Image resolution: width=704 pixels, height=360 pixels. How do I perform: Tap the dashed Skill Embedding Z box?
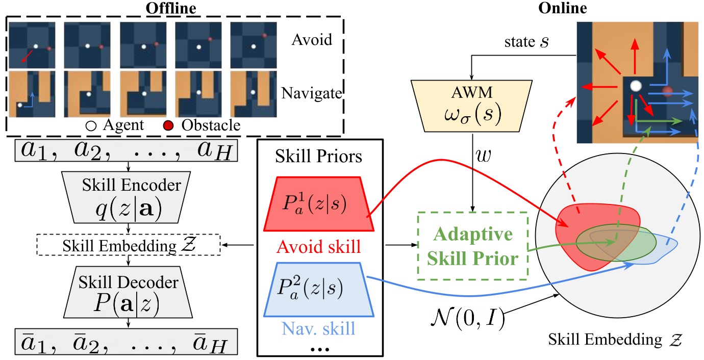128,246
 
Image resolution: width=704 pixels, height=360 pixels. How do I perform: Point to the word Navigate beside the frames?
311,94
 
